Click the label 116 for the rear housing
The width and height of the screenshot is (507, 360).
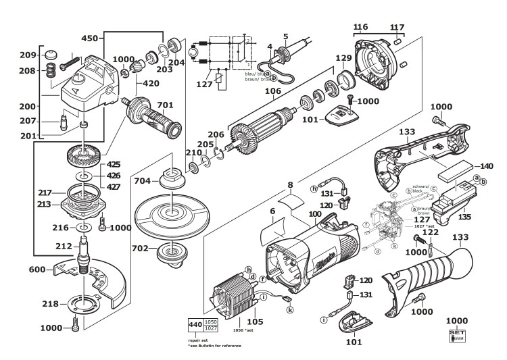click(x=360, y=27)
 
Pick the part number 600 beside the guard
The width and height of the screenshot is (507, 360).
click(x=38, y=269)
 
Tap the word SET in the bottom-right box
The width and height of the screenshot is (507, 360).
click(x=457, y=334)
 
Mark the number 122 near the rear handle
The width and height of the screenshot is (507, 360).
click(x=431, y=232)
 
